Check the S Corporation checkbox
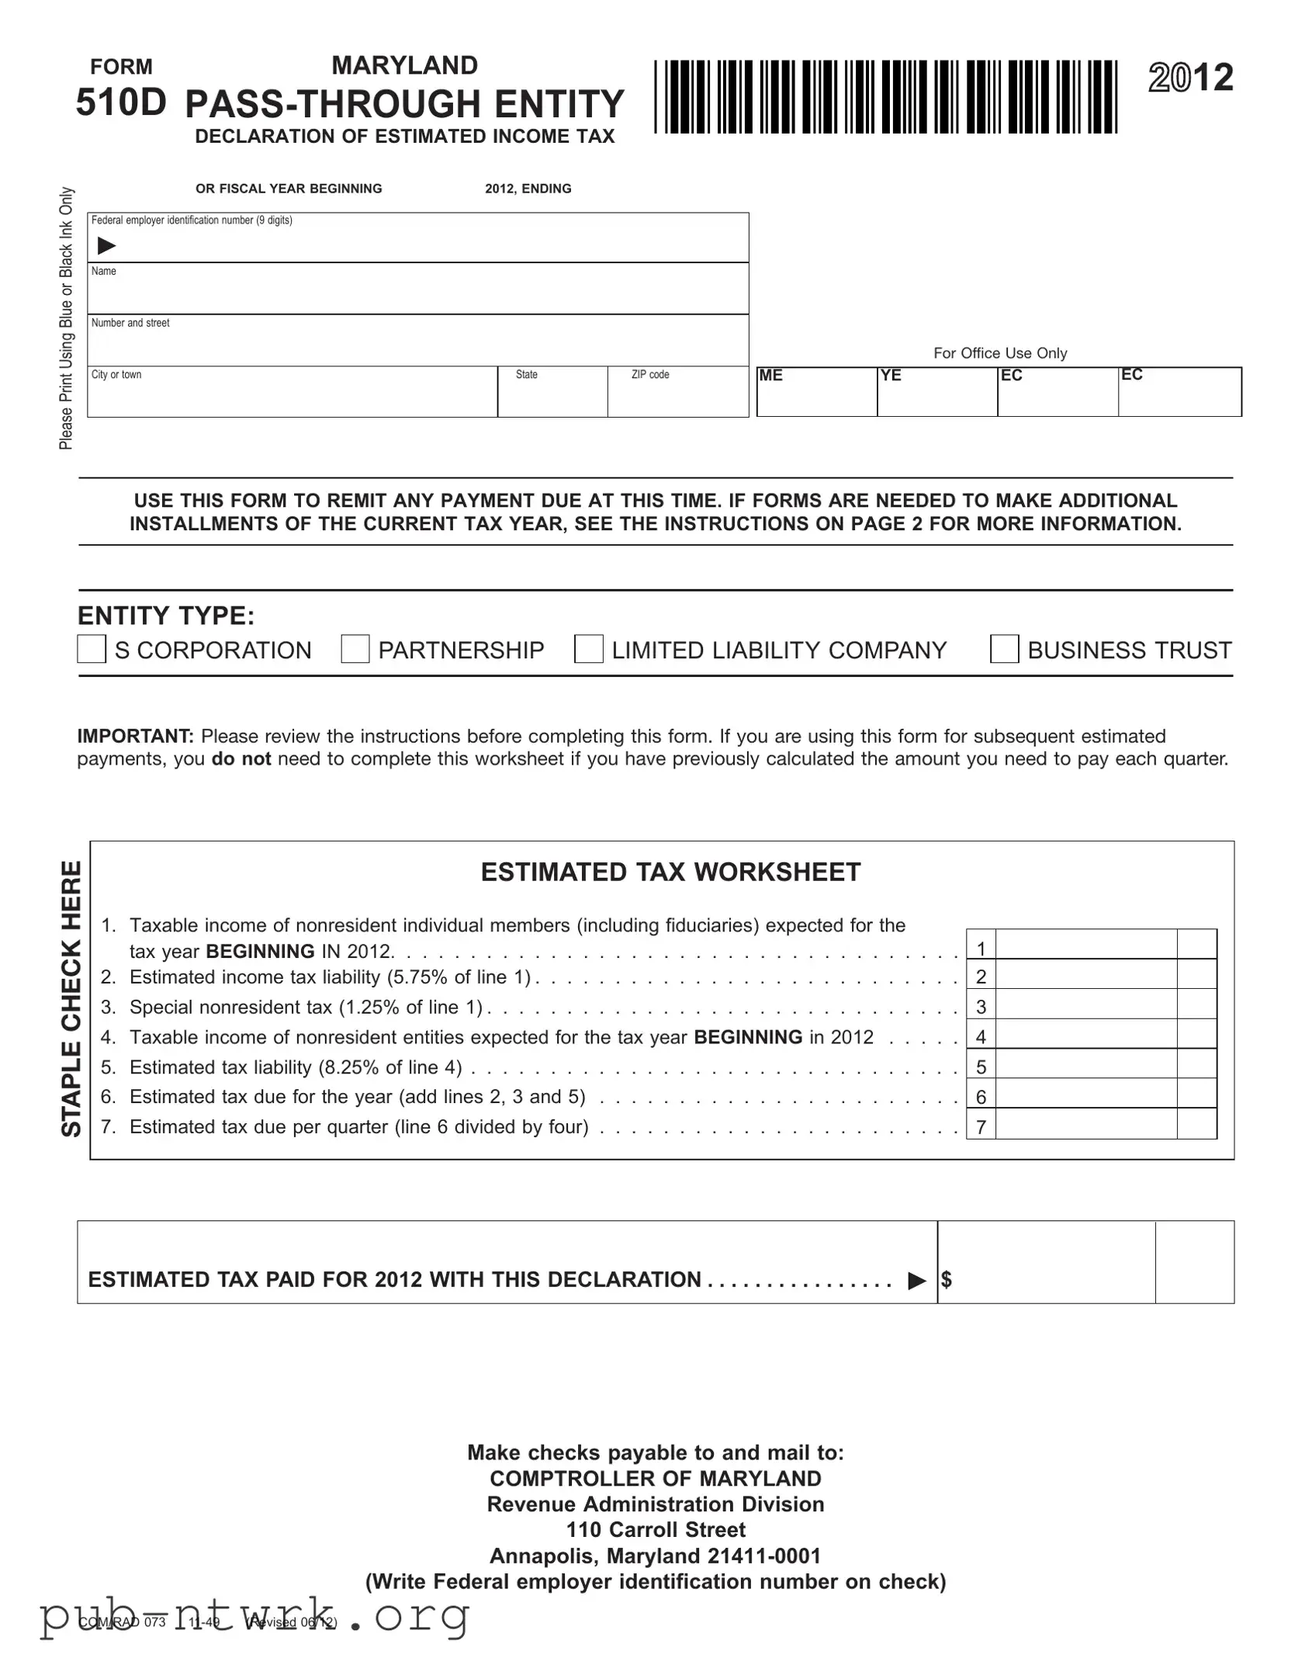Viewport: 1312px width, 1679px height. coord(92,649)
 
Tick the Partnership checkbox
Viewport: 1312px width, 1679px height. coord(355,649)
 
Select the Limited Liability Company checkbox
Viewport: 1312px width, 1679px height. coord(589,649)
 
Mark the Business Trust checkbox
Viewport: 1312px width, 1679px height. coord(1004,649)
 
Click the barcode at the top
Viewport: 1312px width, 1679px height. coord(885,97)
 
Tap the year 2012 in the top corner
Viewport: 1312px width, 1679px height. coord(1190,78)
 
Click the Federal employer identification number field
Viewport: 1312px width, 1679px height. coord(419,245)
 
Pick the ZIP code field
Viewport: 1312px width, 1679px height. coord(677,398)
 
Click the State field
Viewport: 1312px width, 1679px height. coord(552,398)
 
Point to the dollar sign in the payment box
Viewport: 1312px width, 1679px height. coord(947,1280)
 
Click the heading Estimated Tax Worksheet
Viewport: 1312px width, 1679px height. coord(670,872)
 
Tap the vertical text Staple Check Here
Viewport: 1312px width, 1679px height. coord(71,998)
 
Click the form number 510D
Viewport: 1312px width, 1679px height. coord(121,102)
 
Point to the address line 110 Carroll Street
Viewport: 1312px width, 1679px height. coord(656,1529)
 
